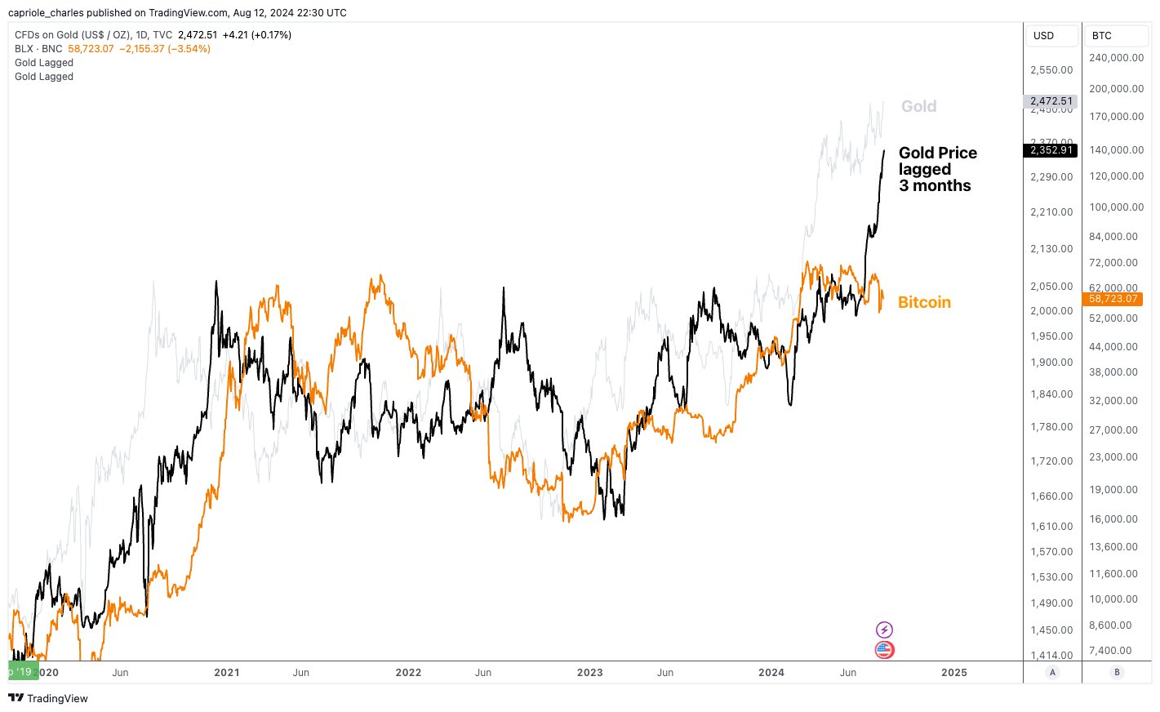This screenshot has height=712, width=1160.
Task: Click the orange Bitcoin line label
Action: tap(924, 302)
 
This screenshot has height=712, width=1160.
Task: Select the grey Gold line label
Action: tap(918, 106)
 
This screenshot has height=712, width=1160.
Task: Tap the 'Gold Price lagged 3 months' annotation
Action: tap(937, 169)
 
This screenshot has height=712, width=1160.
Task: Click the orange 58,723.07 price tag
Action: tap(1113, 299)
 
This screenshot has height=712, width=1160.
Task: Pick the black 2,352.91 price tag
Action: tap(1051, 150)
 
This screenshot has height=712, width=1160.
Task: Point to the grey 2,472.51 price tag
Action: tap(1051, 101)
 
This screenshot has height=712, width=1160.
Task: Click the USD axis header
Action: tap(1043, 36)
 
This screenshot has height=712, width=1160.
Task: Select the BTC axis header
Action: tap(1101, 36)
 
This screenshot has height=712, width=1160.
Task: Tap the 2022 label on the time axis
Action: tap(408, 673)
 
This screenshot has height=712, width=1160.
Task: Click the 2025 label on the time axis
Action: tap(953, 673)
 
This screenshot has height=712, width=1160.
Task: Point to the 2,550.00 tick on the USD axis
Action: tap(1051, 70)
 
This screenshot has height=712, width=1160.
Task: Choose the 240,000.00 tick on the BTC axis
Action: tap(1116, 58)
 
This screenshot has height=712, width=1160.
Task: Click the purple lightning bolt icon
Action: tap(884, 630)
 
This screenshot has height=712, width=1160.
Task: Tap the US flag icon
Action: tap(884, 650)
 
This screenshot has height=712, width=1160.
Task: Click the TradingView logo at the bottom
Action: tap(48, 698)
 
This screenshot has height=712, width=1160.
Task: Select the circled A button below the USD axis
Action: tap(1052, 672)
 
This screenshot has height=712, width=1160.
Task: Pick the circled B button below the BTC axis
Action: tap(1117, 672)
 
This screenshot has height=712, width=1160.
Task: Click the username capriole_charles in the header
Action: tap(46, 12)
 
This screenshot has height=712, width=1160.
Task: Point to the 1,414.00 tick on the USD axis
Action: tap(1051, 655)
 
